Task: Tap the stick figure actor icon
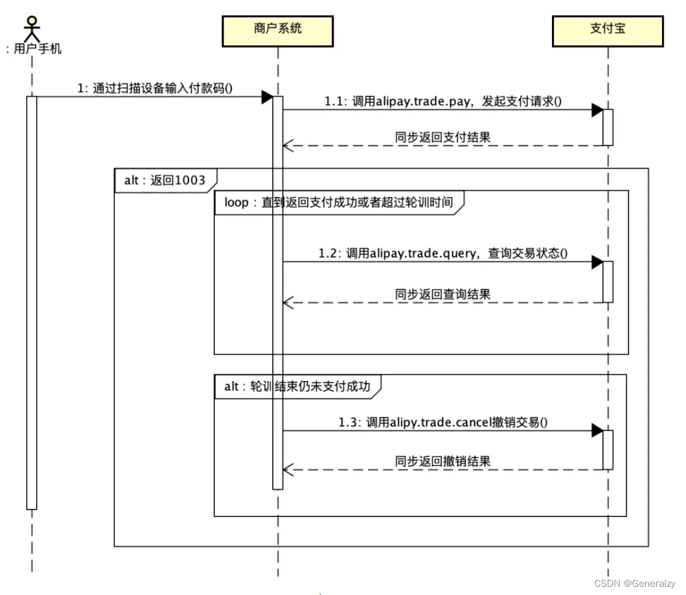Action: point(31,26)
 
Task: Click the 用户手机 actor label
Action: point(34,49)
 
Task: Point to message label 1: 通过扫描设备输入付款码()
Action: point(155,88)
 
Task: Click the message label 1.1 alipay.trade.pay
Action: point(443,101)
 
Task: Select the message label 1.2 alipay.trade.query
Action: point(443,253)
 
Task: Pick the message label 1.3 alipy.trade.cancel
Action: point(443,422)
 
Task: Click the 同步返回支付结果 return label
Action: point(443,137)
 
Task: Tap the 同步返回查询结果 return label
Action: point(443,294)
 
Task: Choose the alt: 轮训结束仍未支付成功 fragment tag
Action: point(297,386)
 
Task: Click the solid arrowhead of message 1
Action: point(267,97)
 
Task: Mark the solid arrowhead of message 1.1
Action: point(596,110)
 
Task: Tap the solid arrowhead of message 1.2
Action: point(596,262)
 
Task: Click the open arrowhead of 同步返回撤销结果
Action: point(289,470)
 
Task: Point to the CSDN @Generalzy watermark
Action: point(634,583)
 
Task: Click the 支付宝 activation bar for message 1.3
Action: point(607,449)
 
